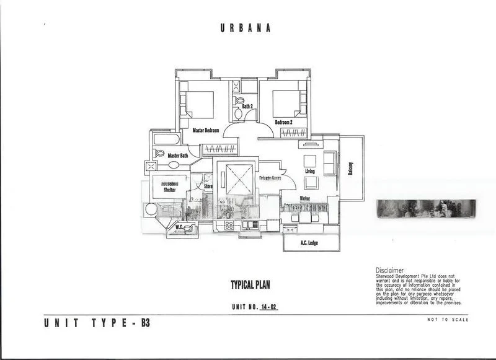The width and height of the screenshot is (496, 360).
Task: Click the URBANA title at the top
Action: click(246, 28)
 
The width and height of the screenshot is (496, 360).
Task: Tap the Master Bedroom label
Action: click(206, 130)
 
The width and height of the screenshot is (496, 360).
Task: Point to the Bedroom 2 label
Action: click(283, 122)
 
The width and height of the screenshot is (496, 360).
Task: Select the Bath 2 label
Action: click(248, 107)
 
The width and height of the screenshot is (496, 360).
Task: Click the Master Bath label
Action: click(177, 156)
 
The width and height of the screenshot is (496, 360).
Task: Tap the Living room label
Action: click(310, 171)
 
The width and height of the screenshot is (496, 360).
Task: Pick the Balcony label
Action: click(350, 167)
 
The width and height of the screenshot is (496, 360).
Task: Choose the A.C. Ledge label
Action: click(309, 243)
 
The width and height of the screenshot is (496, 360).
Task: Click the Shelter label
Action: click(169, 190)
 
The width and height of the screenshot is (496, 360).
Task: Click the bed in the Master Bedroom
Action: click(198, 103)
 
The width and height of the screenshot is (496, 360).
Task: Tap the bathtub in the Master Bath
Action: click(166, 139)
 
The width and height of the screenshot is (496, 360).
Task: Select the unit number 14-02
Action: click(268, 306)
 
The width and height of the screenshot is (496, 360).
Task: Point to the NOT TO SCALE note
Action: click(448, 320)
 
